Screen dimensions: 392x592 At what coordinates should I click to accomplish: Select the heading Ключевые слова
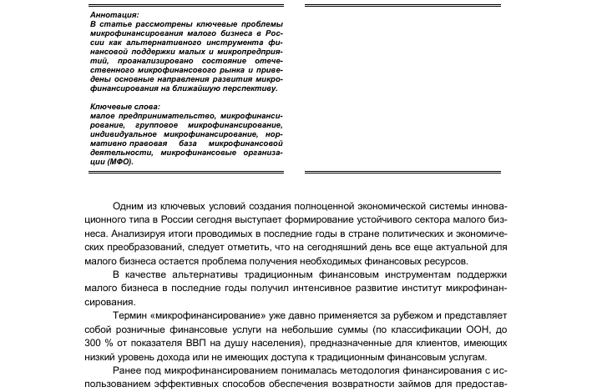123,107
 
